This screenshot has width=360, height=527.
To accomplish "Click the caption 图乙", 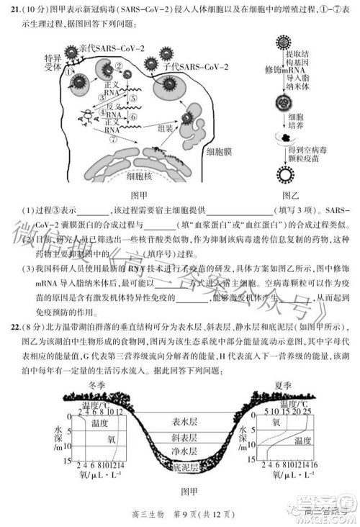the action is coord(289,194).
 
